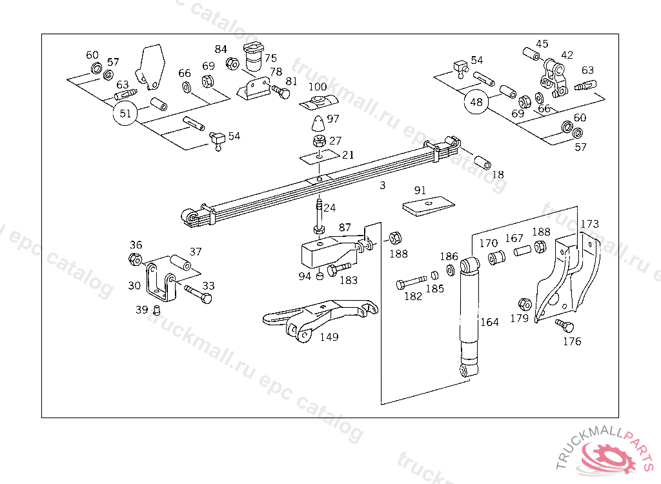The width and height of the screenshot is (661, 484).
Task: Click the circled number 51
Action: (x=125, y=114)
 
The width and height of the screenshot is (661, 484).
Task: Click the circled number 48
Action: (x=476, y=102)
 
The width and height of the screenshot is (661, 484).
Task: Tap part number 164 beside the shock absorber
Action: (x=489, y=322)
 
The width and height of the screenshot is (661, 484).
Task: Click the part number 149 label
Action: (x=329, y=337)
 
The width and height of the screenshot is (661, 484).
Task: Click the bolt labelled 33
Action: (x=198, y=294)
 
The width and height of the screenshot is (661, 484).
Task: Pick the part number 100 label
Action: (x=318, y=87)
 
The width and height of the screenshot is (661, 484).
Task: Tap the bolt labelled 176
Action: (x=560, y=324)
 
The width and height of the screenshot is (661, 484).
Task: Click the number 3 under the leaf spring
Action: (x=382, y=186)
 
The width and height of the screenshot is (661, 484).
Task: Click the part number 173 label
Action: (x=589, y=224)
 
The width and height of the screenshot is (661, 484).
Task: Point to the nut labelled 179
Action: (x=524, y=303)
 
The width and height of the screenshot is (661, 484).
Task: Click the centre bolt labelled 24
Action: (x=320, y=217)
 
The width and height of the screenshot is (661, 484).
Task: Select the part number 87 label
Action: (x=345, y=228)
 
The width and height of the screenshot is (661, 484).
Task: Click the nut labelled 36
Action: (x=135, y=259)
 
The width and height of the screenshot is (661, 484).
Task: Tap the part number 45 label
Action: (x=542, y=44)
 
